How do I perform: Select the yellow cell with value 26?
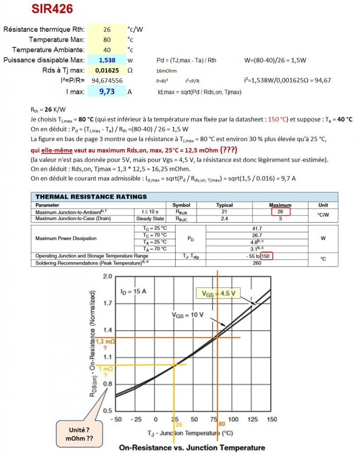pyautogui.click(x=107, y=30)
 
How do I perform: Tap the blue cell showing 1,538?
pyautogui.click(x=107, y=60)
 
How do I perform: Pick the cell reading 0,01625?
pyautogui.click(x=107, y=70)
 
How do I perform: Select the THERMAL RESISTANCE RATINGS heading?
pyautogui.click(x=91, y=197)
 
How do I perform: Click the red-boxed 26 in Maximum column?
pyautogui.click(x=280, y=212)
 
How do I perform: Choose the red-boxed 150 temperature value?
pyautogui.click(x=266, y=256)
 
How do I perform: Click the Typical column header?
pyautogui.click(x=225, y=205)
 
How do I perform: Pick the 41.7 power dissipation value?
pyautogui.click(x=257, y=228)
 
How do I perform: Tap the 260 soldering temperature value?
pyautogui.click(x=257, y=263)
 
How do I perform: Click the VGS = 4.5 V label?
pyautogui.click(x=218, y=293)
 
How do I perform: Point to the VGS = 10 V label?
pyautogui.click(x=188, y=315)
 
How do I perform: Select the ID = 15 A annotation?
pyautogui.click(x=133, y=292)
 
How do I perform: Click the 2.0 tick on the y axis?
pyautogui.click(x=107, y=276)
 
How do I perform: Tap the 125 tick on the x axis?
pyautogui.click(x=252, y=419)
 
